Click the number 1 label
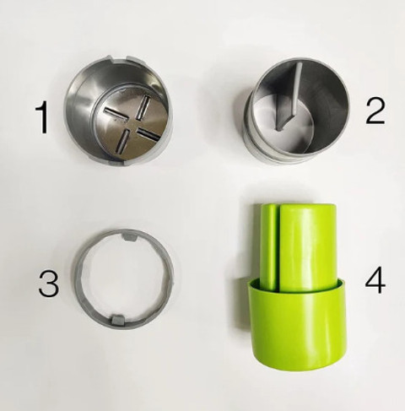(x=42, y=117)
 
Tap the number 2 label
(x=375, y=111)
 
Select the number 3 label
(x=49, y=284)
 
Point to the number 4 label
(x=375, y=279)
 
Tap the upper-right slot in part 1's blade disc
(x=143, y=107)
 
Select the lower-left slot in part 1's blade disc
(x=123, y=141)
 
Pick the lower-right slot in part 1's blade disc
(x=149, y=134)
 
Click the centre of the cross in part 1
(x=132, y=124)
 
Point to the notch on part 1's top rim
(x=120, y=59)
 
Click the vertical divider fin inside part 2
(x=289, y=96)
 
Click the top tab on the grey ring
(x=129, y=236)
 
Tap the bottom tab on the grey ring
(x=117, y=319)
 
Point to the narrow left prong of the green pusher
(x=268, y=247)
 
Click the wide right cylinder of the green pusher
(x=308, y=246)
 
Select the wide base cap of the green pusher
(x=297, y=323)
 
